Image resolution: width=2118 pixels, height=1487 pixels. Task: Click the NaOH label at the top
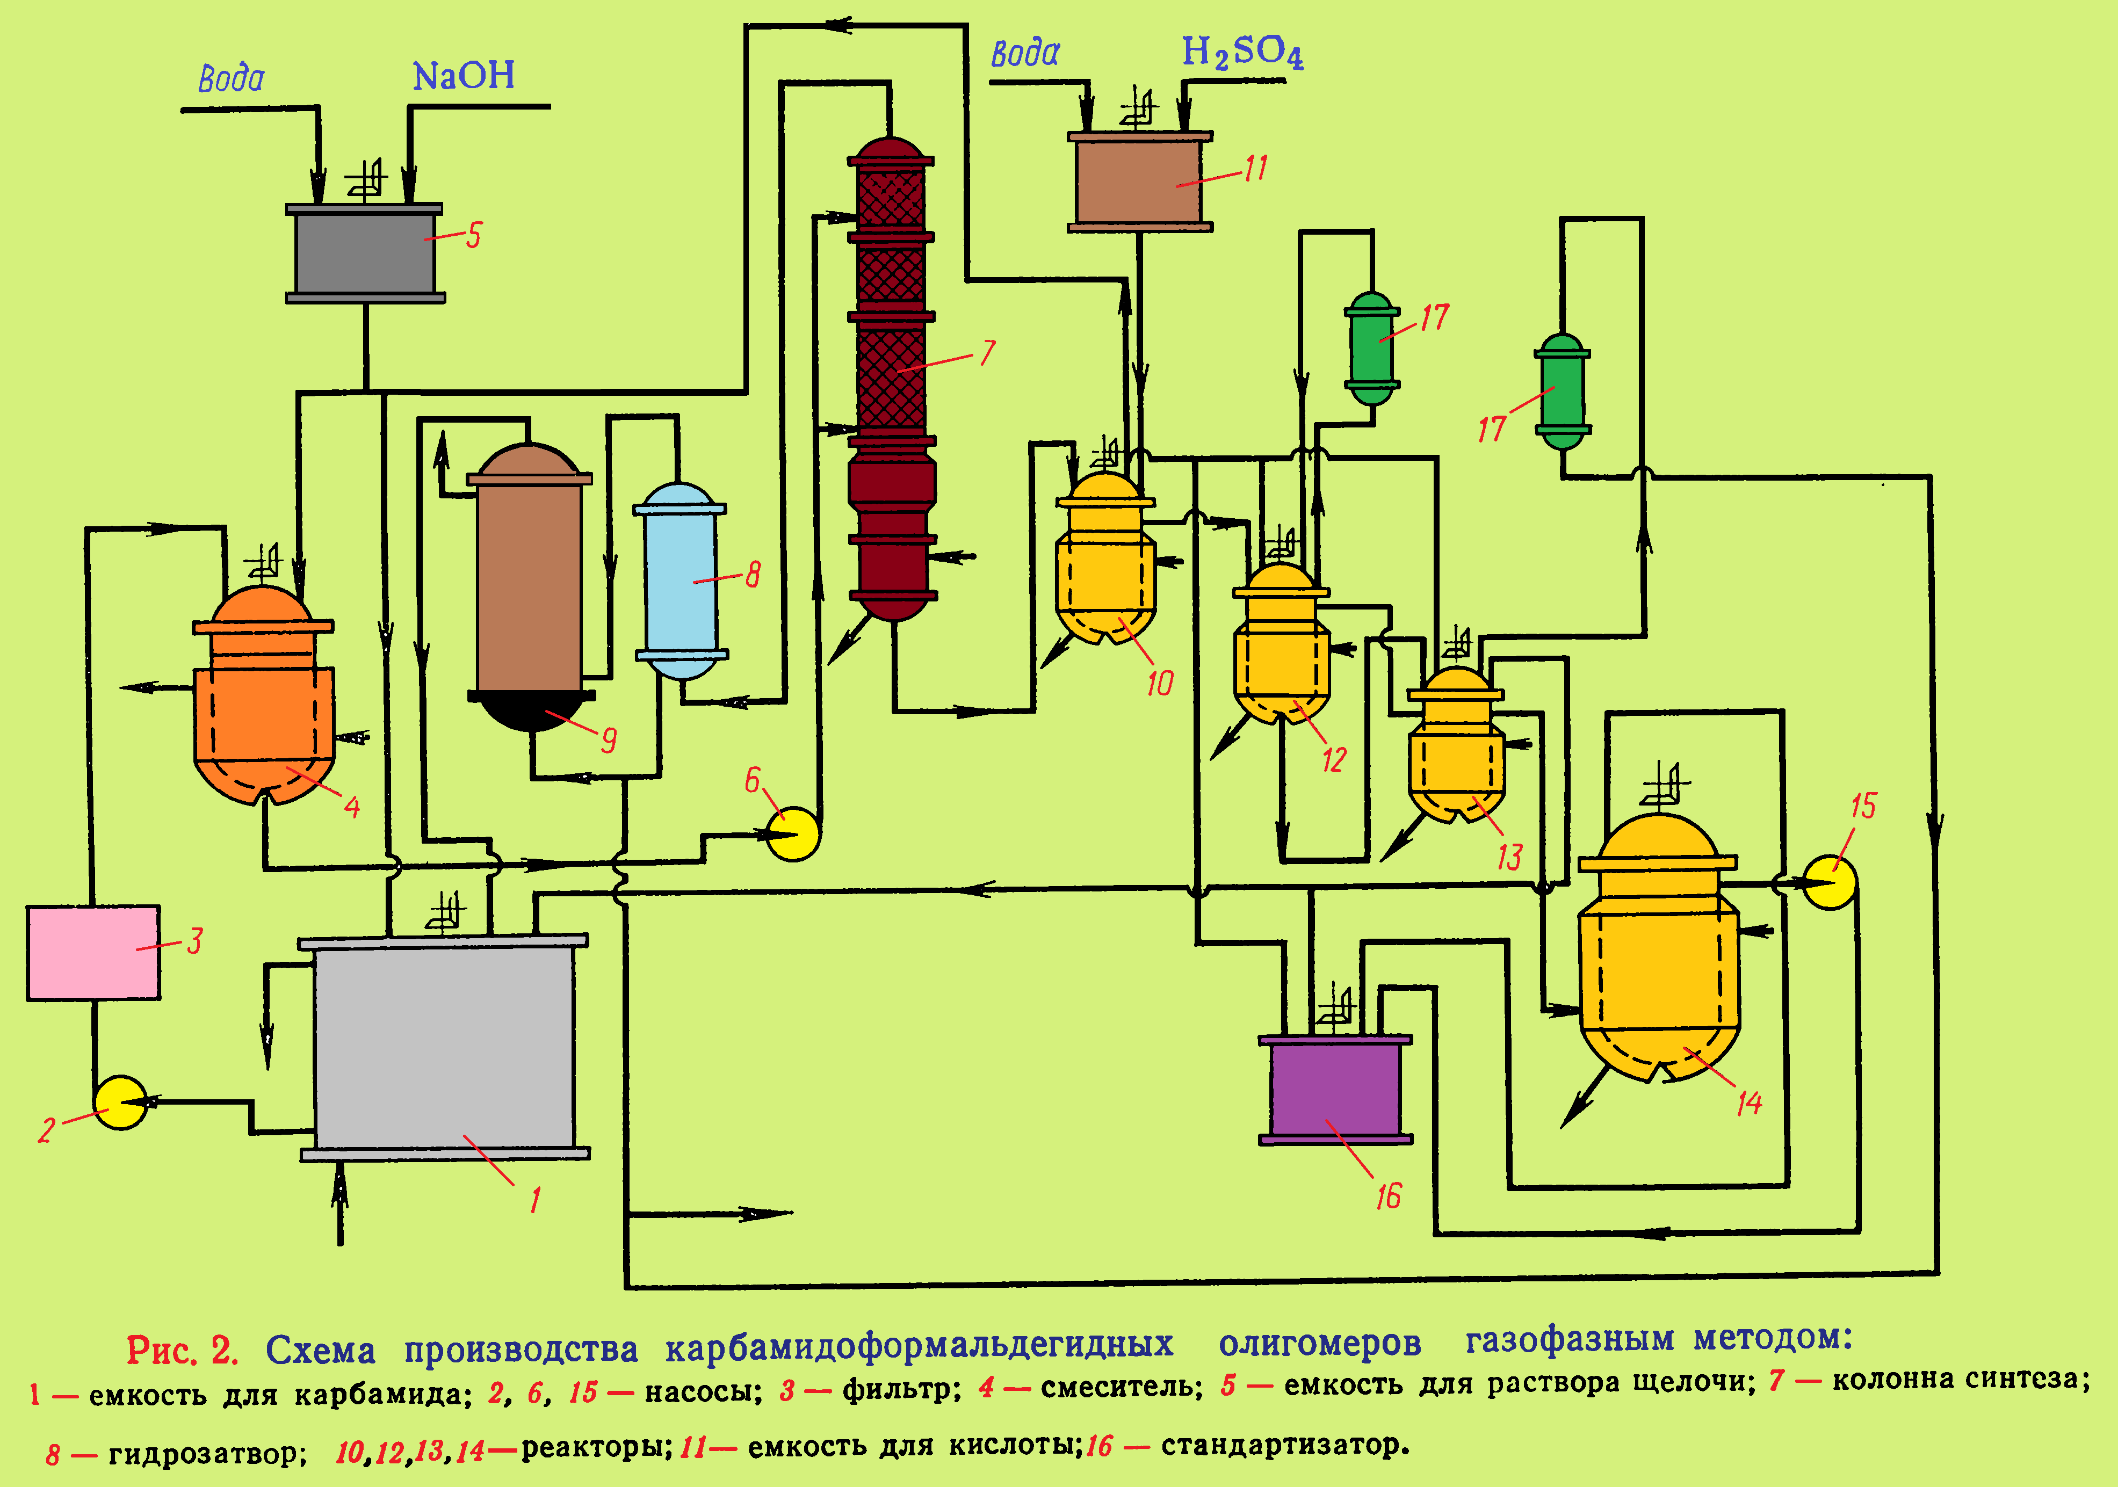(463, 76)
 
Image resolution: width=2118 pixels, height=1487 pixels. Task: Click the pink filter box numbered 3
(93, 952)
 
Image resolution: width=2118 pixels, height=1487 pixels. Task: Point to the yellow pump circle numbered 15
(1829, 882)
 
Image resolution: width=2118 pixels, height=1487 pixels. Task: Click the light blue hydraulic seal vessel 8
(681, 581)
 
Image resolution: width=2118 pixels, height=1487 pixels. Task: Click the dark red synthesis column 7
(891, 378)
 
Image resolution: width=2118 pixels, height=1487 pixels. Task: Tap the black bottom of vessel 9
(531, 710)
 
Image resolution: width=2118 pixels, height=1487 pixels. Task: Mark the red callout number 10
(1160, 684)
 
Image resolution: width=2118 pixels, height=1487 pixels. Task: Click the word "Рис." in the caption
(162, 1351)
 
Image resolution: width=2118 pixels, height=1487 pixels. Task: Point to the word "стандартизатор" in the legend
(1284, 1445)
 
